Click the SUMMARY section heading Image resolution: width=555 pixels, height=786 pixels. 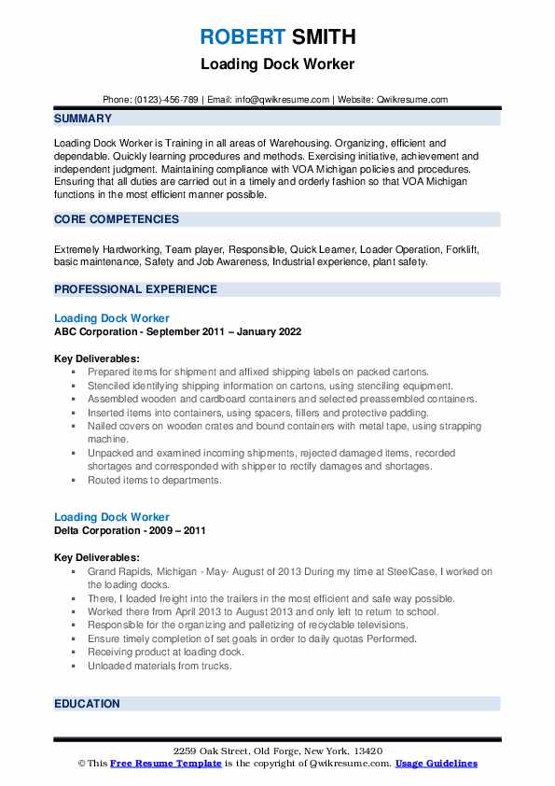click(83, 119)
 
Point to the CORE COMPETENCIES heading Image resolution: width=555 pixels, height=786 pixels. click(117, 219)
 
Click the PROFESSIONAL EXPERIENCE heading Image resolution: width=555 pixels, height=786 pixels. click(135, 289)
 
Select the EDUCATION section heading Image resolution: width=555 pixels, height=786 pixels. click(87, 704)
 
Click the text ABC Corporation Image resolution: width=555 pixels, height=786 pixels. click(97, 331)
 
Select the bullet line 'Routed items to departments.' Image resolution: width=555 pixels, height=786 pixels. click(155, 480)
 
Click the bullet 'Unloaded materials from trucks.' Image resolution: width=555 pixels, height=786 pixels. click(160, 666)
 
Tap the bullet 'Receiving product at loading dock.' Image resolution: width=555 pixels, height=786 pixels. click(166, 652)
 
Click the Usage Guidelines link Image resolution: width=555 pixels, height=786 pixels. click(436, 764)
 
